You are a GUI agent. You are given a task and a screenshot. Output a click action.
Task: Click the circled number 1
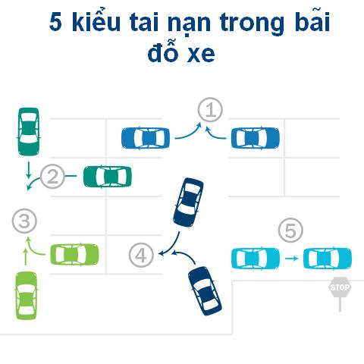point(210,110)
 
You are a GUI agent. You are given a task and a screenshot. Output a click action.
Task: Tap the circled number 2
point(52,176)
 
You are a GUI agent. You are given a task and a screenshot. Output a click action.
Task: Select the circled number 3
point(24,221)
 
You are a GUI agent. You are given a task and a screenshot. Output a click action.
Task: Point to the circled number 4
point(141,255)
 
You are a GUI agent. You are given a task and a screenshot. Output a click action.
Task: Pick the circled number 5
point(290,231)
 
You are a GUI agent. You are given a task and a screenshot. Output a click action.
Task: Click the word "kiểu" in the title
point(96,22)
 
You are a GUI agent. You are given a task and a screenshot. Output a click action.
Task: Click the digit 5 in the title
point(55,22)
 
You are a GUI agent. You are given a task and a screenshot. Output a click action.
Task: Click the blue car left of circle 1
point(146,138)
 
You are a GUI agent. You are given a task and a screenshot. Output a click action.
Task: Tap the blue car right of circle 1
point(256,138)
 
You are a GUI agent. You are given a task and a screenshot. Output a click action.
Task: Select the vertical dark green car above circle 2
point(29,131)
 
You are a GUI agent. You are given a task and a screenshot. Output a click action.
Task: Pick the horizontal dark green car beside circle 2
point(108,177)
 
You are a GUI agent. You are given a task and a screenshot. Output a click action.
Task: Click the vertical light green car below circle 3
point(27,296)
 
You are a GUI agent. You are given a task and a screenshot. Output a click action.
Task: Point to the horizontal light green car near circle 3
point(74,255)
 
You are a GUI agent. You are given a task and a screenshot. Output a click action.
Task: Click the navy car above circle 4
point(188,202)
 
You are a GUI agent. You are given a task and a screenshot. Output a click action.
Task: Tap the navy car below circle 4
point(205,291)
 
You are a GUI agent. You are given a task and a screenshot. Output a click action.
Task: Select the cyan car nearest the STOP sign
point(328,258)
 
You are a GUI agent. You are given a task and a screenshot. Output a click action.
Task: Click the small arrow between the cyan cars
point(291,259)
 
